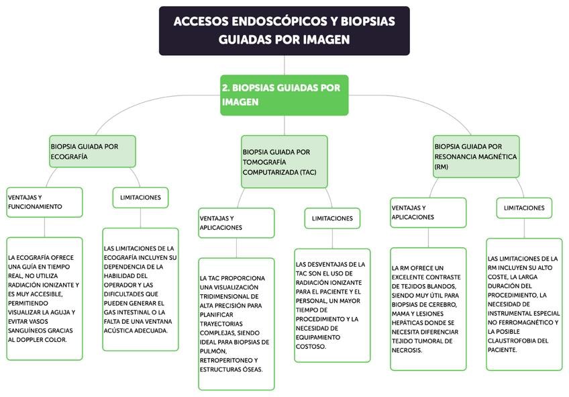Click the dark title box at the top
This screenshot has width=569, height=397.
284,30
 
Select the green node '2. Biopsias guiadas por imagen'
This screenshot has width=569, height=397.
284,95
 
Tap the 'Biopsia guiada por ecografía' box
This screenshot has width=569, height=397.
93,151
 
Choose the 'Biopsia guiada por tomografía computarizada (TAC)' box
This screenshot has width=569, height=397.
284,161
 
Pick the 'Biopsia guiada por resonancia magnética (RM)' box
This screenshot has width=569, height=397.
476,156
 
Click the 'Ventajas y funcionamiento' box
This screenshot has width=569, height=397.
44,202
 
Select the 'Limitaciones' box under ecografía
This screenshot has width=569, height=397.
140,197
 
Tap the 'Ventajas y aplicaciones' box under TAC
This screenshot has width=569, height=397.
236,222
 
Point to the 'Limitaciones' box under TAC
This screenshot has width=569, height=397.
332,218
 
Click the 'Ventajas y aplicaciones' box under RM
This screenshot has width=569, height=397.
428,212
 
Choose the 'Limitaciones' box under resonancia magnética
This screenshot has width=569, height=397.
524,208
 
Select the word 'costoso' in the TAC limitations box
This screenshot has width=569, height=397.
311,347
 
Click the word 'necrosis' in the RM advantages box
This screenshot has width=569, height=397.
407,350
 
